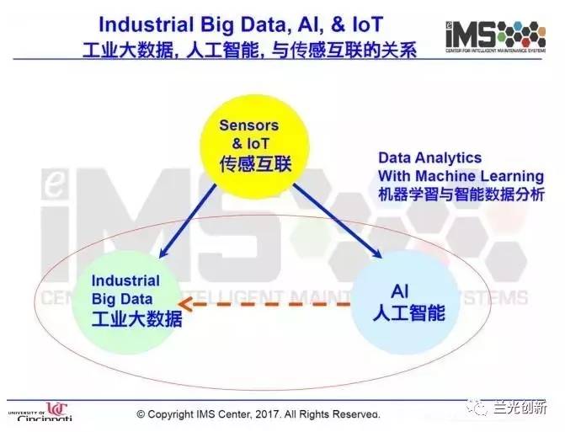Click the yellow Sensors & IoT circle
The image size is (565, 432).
[255, 147]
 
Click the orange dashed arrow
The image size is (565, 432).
[264, 305]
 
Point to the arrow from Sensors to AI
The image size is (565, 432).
[337, 221]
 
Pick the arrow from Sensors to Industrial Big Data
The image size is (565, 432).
[188, 221]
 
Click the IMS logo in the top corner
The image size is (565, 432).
[495, 36]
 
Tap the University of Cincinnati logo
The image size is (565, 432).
[40, 412]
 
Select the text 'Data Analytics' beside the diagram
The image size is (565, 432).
[430, 157]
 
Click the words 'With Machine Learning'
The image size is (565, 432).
[461, 176]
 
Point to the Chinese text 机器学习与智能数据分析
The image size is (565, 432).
[461, 195]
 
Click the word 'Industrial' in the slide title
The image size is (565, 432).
[146, 25]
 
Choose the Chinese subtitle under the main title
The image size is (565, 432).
[250, 50]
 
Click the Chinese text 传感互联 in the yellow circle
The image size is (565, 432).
[255, 163]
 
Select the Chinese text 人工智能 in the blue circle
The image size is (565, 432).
[409, 312]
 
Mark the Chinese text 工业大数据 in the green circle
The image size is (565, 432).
[136, 318]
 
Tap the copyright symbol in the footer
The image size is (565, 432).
[141, 414]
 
